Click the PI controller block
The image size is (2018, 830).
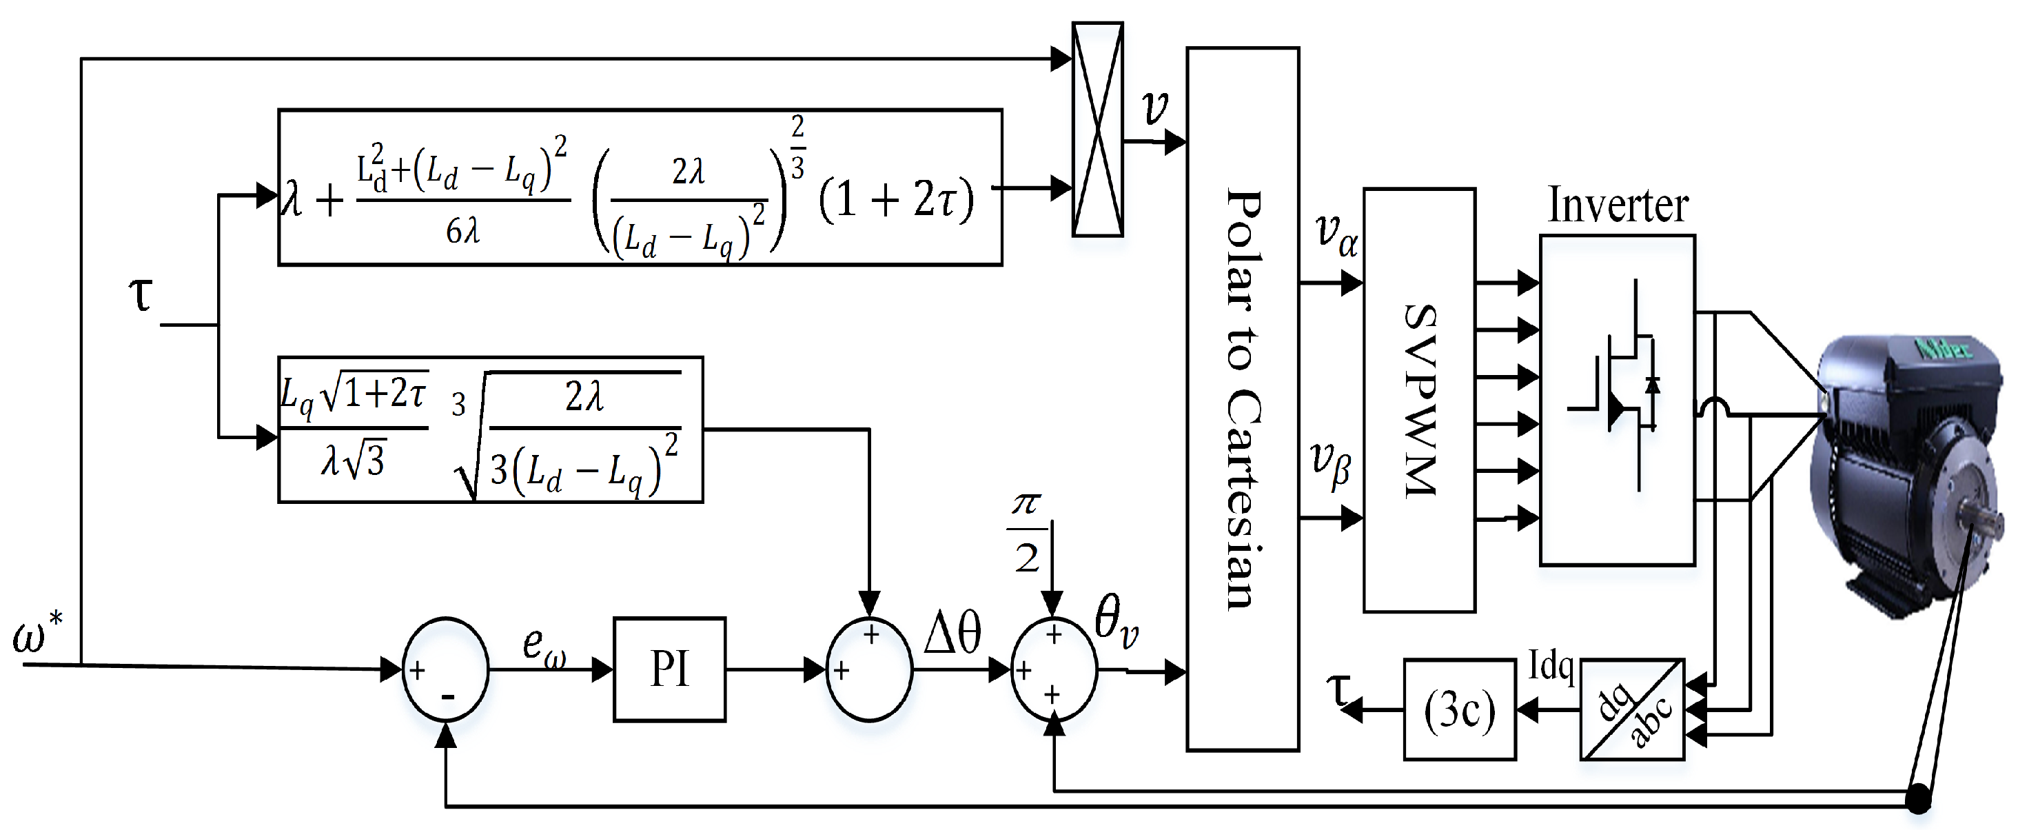[x=669, y=669]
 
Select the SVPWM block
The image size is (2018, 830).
[x=1420, y=400]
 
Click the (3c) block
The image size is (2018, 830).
[x=1458, y=710]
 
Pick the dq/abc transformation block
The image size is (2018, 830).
[x=1632, y=710]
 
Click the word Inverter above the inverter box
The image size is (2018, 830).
[x=1618, y=206]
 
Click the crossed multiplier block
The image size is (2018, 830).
[x=1097, y=130]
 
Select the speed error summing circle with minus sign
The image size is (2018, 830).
[x=445, y=669]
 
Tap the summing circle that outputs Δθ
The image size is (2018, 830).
[x=870, y=669]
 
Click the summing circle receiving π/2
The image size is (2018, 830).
[x=1054, y=669]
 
